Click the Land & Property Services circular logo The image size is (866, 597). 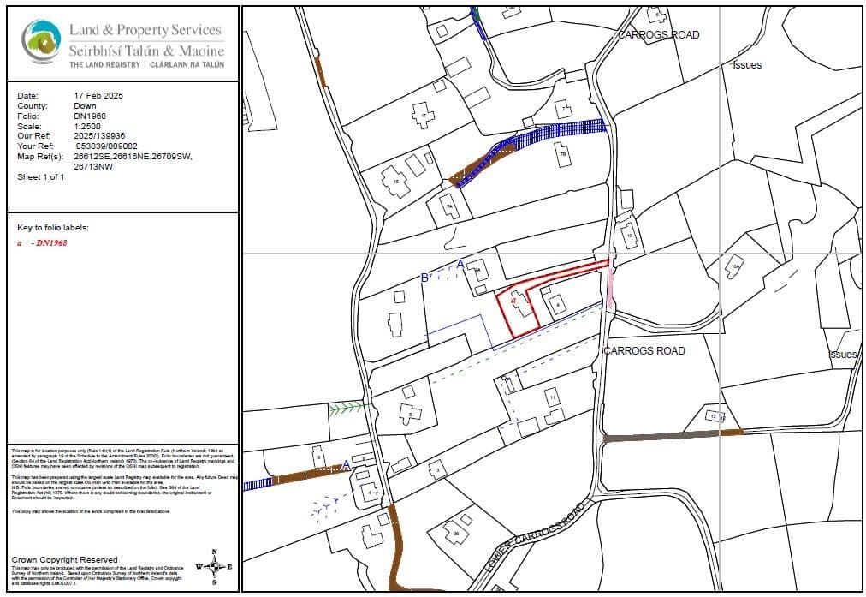pyautogui.click(x=40, y=40)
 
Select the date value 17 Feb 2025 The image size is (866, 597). pyautogui.click(x=99, y=95)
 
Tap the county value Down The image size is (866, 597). pyautogui.click(x=85, y=105)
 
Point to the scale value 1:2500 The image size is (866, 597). pyautogui.click(x=87, y=125)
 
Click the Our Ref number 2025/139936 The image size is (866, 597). pyautogui.click(x=99, y=135)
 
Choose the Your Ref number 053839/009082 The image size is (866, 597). pyautogui.click(x=107, y=146)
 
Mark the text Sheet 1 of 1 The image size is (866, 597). pyautogui.click(x=40, y=176)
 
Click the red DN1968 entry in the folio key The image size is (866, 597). pyautogui.click(x=50, y=242)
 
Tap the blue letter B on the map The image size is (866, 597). pyautogui.click(x=424, y=278)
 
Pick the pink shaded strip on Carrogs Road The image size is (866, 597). pyautogui.click(x=610, y=290)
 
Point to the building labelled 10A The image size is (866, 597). pyautogui.click(x=733, y=268)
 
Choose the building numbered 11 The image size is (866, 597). pyautogui.click(x=553, y=398)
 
